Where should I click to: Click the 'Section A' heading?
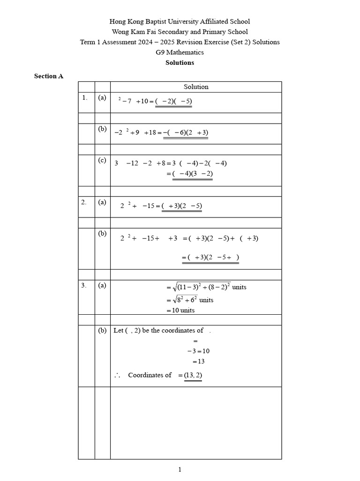pyautogui.click(x=48, y=76)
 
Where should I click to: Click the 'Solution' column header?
pyautogui.click(x=196, y=87)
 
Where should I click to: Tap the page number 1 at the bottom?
pyautogui.click(x=180, y=469)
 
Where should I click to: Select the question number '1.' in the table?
pyautogui.click(x=84, y=98)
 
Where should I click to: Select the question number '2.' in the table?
pyautogui.click(x=84, y=202)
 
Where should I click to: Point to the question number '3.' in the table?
pyautogui.click(x=84, y=285)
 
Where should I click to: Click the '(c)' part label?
pyautogui.click(x=102, y=160)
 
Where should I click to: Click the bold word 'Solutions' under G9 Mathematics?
pyautogui.click(x=180, y=62)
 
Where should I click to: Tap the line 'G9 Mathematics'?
pyautogui.click(x=180, y=52)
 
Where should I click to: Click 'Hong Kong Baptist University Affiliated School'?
pyautogui.click(x=180, y=21)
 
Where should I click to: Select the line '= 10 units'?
pyautogui.click(x=180, y=310)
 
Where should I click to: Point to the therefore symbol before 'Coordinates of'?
pyautogui.click(x=117, y=376)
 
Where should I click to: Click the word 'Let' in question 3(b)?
pyautogui.click(x=119, y=330)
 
